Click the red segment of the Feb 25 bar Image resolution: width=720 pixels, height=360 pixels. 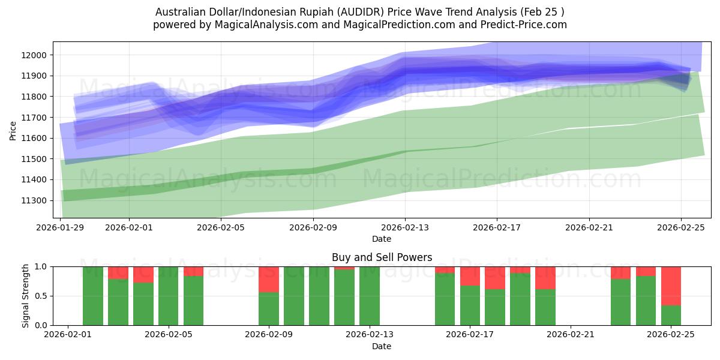(x=671, y=286)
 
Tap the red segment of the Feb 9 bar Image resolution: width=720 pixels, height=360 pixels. (x=268, y=279)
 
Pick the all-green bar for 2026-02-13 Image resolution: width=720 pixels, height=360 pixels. (x=369, y=296)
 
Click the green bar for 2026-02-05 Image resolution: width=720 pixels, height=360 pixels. (x=168, y=296)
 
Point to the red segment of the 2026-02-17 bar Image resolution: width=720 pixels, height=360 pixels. (x=470, y=276)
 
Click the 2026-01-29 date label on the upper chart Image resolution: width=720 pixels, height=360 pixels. (x=61, y=227)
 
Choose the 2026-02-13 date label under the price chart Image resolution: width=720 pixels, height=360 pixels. (x=405, y=227)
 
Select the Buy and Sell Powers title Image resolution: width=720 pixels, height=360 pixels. (x=382, y=257)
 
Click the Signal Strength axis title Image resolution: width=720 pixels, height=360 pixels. (x=25, y=296)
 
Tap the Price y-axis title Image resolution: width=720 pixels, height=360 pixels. (x=13, y=130)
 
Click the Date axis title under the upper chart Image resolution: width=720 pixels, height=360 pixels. (x=382, y=239)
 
